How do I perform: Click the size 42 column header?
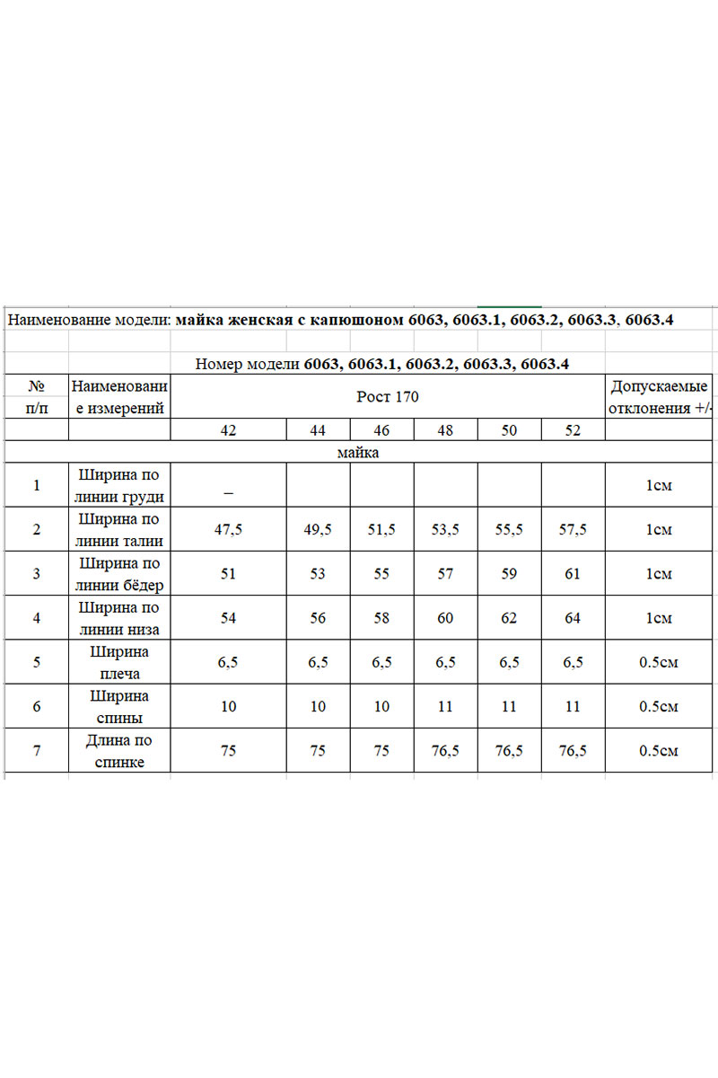[229, 430]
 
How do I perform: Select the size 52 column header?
[574, 430]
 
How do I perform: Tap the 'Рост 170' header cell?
[388, 396]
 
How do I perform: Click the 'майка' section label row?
[358, 452]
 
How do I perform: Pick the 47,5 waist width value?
[229, 529]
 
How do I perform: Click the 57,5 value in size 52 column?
[574, 529]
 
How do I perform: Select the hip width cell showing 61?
[574, 574]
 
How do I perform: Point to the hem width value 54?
[229, 618]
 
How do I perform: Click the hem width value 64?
[574, 618]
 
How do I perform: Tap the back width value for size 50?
[509, 706]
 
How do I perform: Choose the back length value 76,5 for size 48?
[445, 751]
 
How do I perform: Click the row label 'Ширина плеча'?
[119, 662]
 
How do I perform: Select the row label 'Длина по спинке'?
[119, 751]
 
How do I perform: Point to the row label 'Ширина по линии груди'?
[119, 485]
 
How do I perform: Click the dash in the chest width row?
[229, 491]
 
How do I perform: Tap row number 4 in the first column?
[37, 618]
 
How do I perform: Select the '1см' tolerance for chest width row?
[660, 485]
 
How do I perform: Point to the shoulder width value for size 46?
[381, 662]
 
